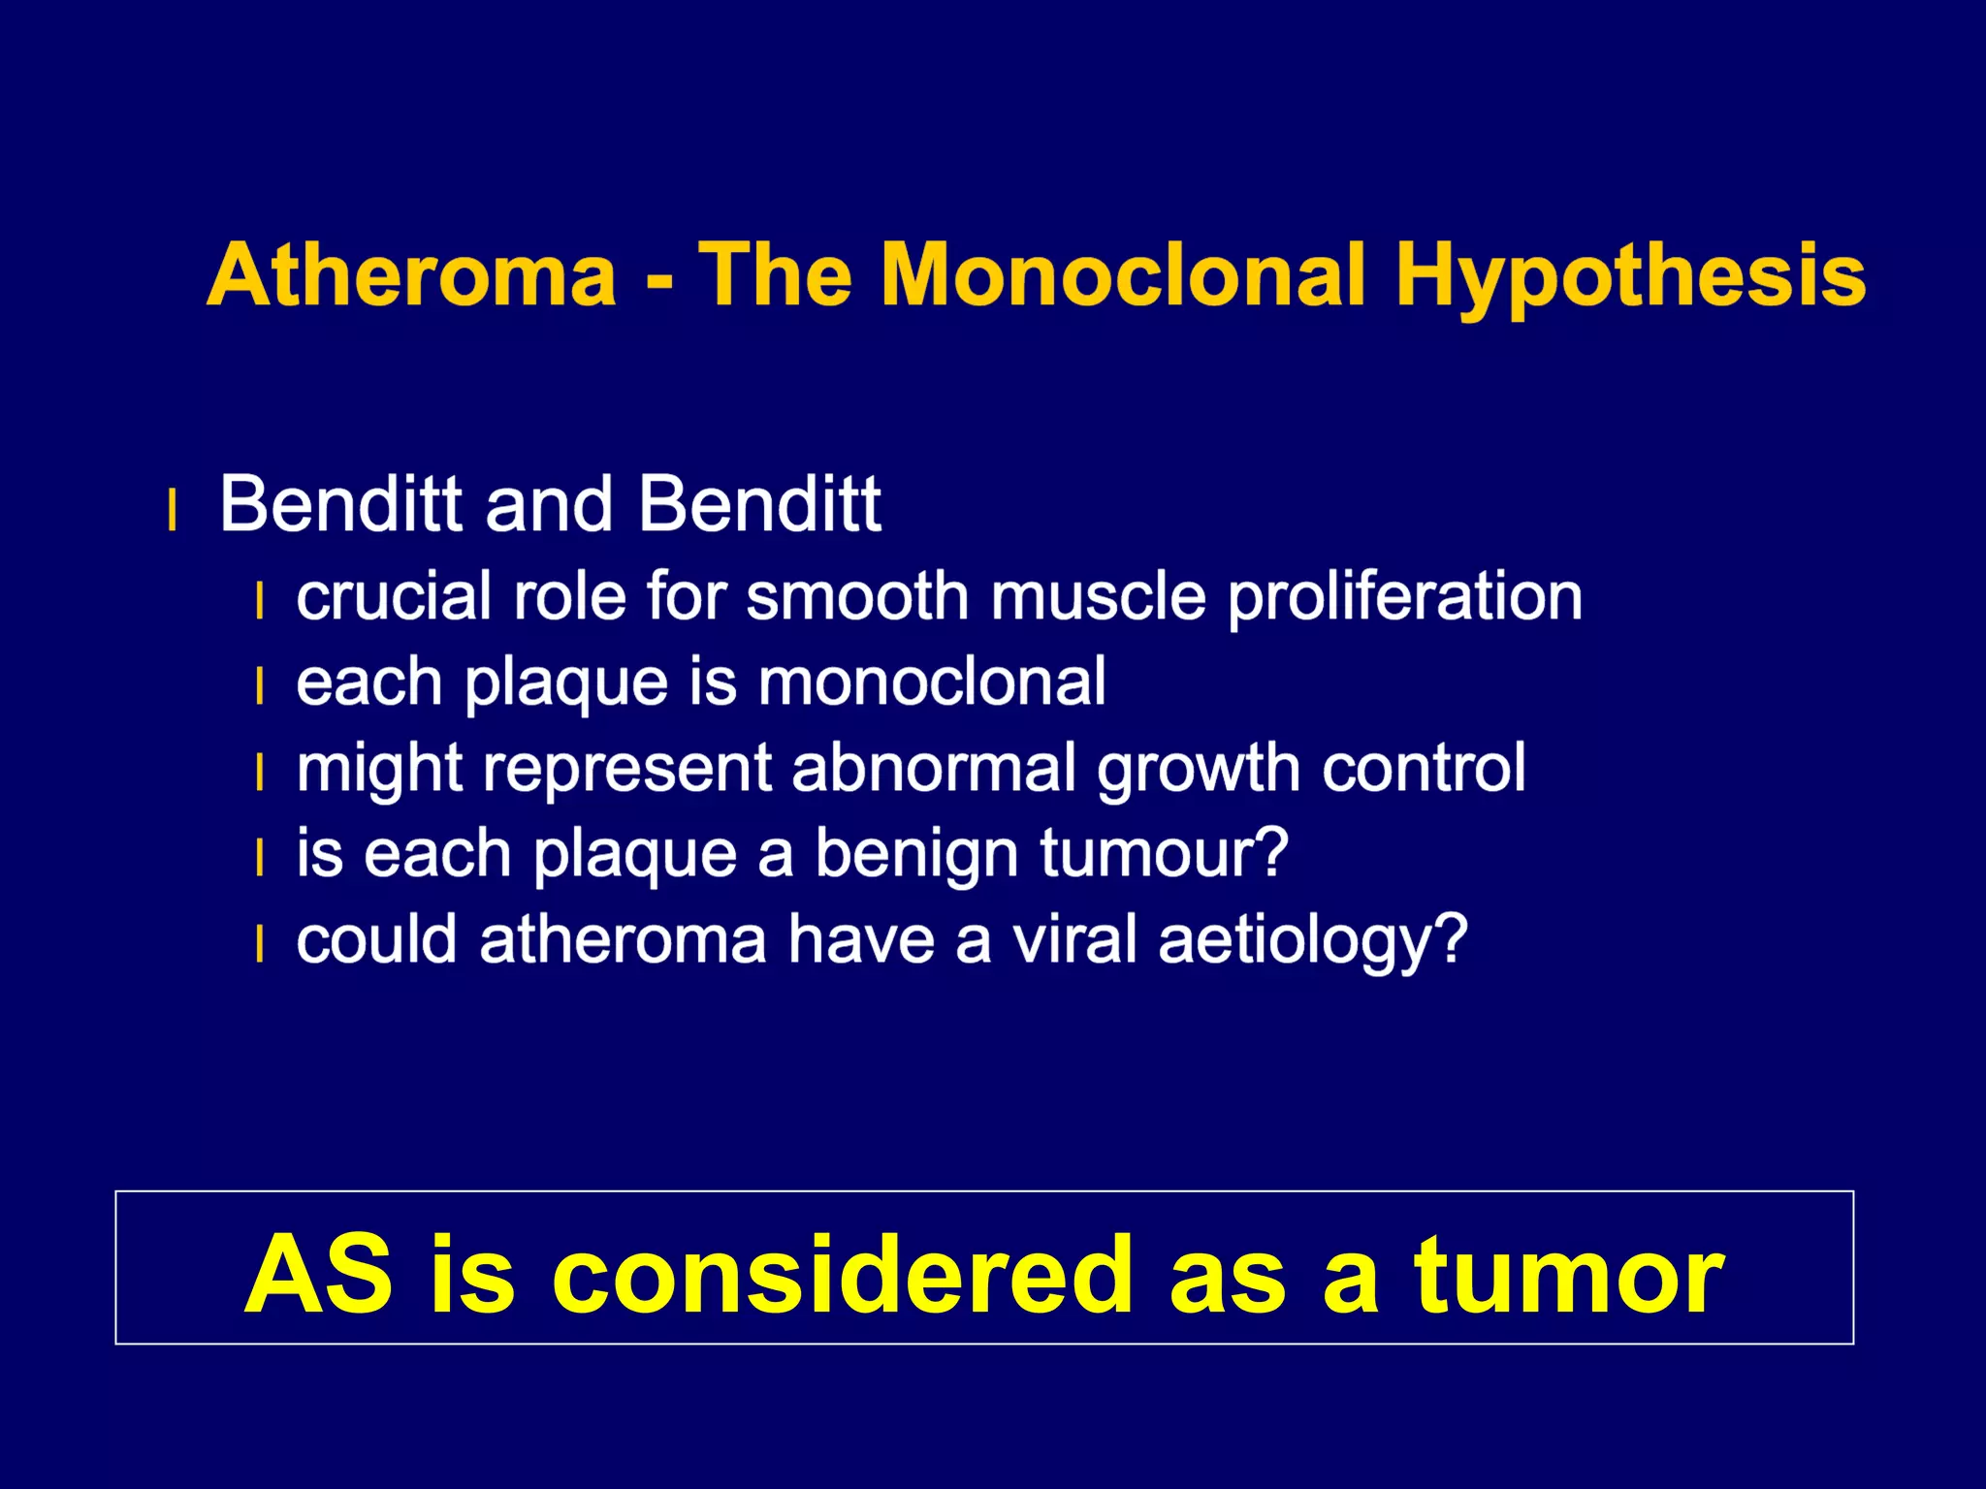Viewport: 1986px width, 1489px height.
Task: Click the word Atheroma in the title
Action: (412, 275)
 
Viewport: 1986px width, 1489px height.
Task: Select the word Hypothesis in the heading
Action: (1630, 277)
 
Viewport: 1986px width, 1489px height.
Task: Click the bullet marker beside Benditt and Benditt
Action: (173, 511)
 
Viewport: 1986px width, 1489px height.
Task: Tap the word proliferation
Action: (1405, 597)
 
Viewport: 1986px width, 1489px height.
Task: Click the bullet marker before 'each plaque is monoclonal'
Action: (259, 686)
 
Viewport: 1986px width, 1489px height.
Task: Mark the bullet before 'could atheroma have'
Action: (259, 944)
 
